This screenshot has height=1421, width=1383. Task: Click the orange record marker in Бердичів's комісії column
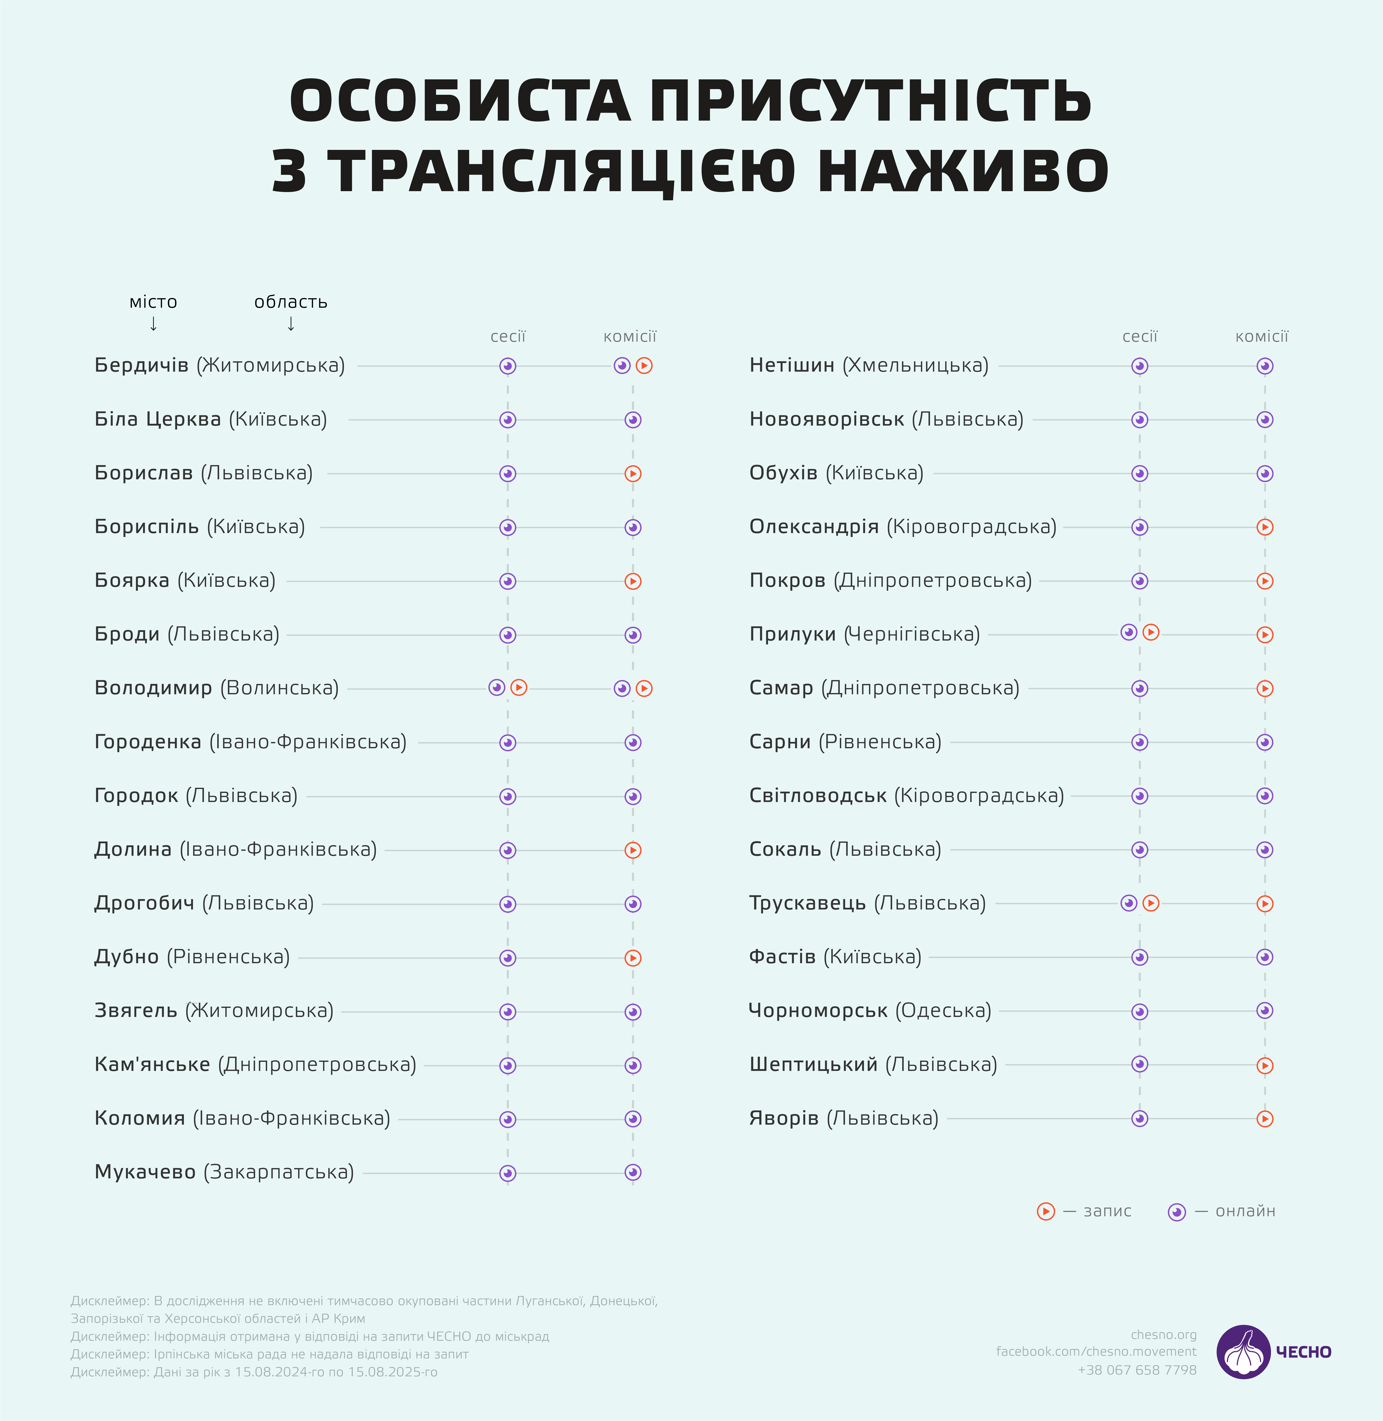click(644, 366)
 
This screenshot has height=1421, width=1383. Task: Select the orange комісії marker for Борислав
click(633, 474)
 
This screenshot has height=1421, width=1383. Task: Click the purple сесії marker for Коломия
click(508, 1119)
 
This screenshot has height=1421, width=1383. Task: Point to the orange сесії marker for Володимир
click(519, 687)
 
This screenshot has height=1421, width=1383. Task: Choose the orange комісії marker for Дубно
click(633, 958)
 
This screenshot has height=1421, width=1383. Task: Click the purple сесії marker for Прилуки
click(1129, 632)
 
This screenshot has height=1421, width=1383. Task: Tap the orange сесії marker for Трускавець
click(1151, 903)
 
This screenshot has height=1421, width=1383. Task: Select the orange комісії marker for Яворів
click(1265, 1119)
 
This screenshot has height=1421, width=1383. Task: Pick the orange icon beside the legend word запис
click(1046, 1211)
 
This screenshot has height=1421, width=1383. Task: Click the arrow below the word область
click(290, 324)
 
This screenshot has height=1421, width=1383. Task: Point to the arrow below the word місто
click(153, 324)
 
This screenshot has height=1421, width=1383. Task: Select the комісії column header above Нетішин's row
click(1262, 336)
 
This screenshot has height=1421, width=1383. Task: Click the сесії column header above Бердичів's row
click(508, 336)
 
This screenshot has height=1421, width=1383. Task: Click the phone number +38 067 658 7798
click(1137, 1370)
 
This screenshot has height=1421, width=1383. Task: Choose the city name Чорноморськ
click(818, 1011)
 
